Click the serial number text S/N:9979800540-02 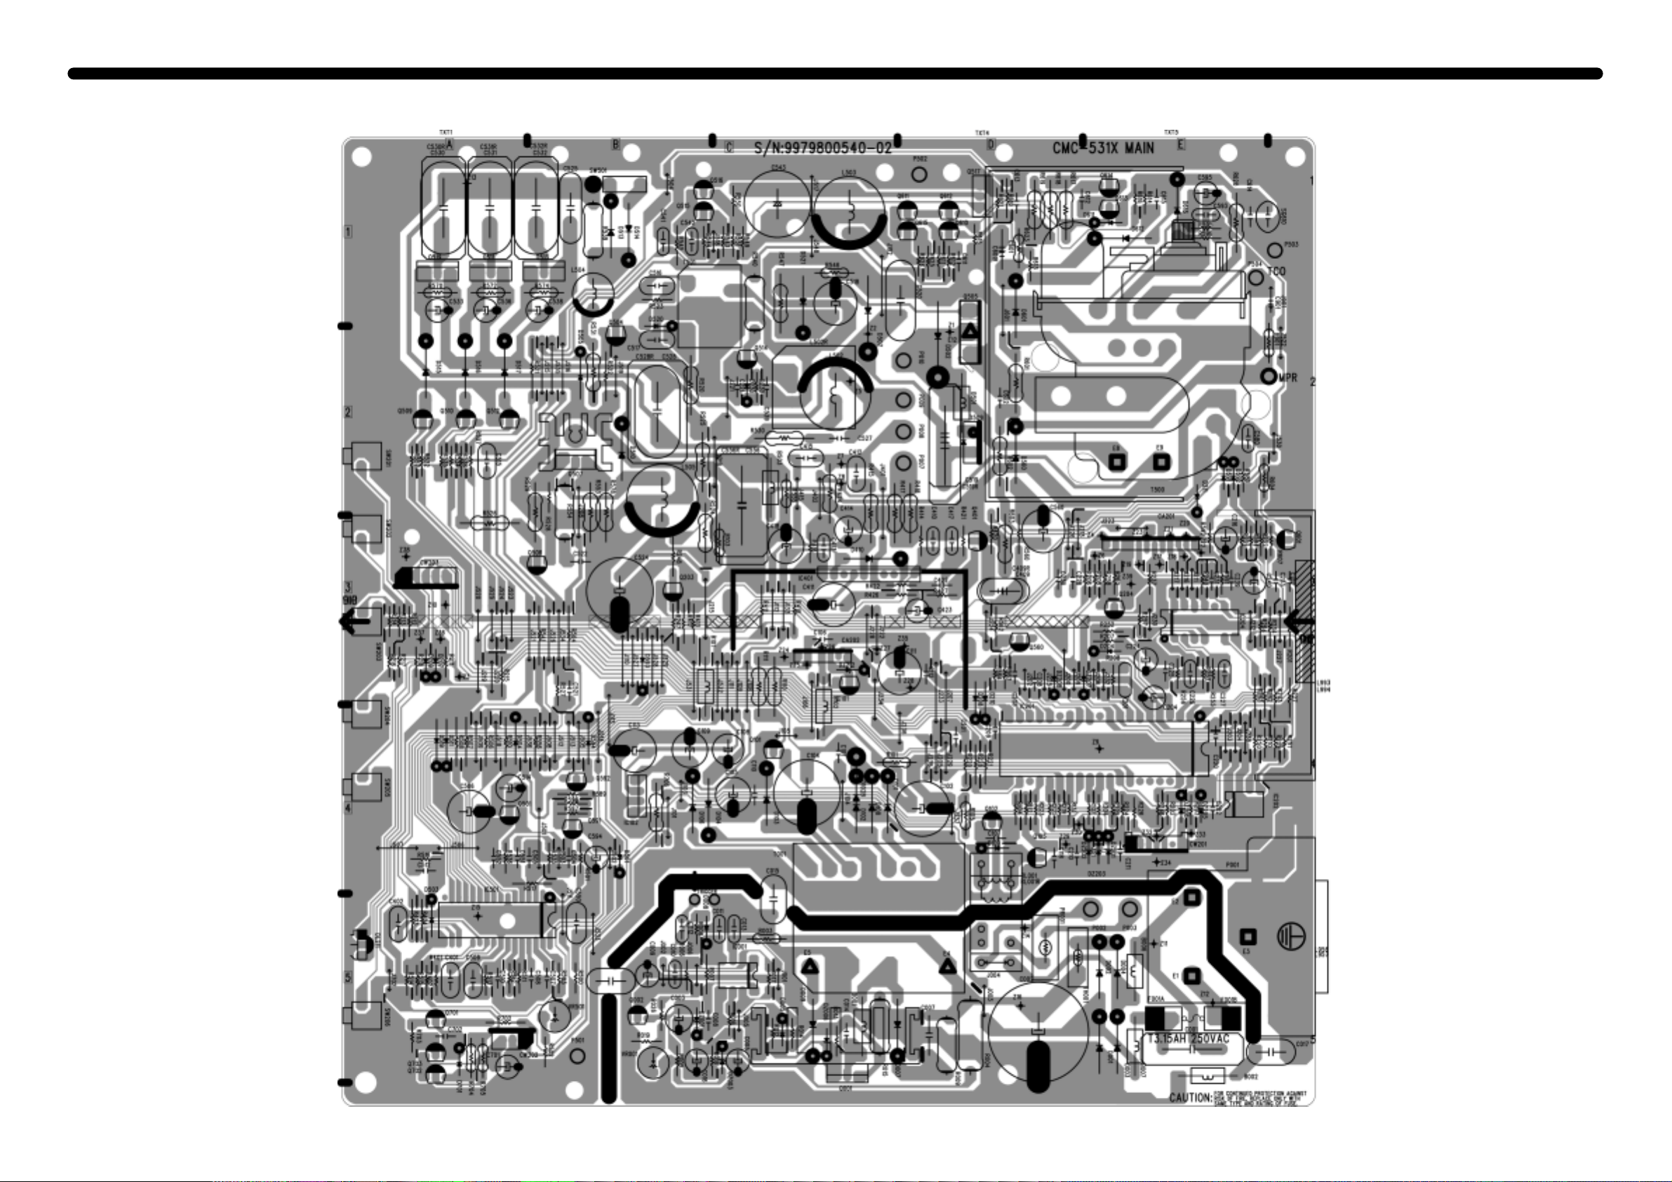click(x=823, y=149)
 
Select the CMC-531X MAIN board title click(x=1102, y=149)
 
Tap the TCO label click(x=1276, y=271)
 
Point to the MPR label click(x=1288, y=377)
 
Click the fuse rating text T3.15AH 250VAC click(x=1188, y=1038)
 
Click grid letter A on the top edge click(x=450, y=145)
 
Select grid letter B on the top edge click(x=615, y=145)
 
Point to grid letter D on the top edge click(x=991, y=145)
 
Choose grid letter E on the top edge click(x=1181, y=145)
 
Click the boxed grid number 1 click(x=349, y=231)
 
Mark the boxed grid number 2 click(x=348, y=412)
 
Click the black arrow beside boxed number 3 click(x=354, y=622)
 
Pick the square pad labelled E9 click(x=1160, y=461)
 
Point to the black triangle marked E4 click(x=947, y=967)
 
